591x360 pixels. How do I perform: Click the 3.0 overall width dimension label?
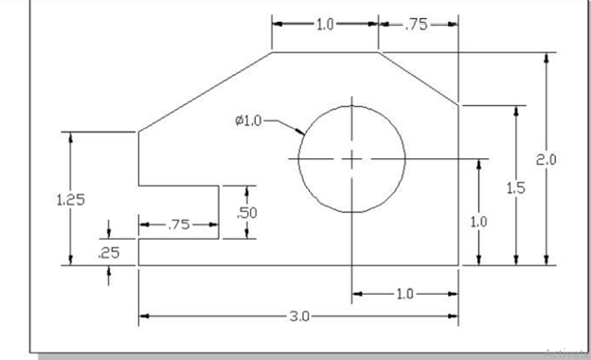pyautogui.click(x=299, y=316)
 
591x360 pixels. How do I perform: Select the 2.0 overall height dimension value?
pyautogui.click(x=546, y=160)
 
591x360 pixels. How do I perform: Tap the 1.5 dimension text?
pyautogui.click(x=515, y=188)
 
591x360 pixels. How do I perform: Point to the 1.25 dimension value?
pyautogui.click(x=70, y=200)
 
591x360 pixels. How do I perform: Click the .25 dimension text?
pyautogui.click(x=109, y=253)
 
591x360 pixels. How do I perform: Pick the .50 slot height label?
pyautogui.click(x=247, y=213)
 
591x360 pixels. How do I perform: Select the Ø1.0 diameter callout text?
pyautogui.click(x=248, y=120)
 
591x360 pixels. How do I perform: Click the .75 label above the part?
pyautogui.click(x=417, y=25)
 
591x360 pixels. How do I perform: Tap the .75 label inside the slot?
pyautogui.click(x=179, y=225)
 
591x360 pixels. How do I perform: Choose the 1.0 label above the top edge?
pyautogui.click(x=325, y=25)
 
